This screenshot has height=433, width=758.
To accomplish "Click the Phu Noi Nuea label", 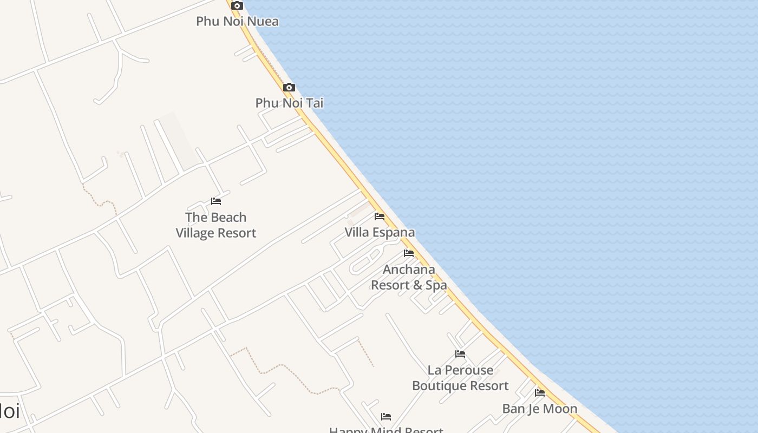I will tap(237, 22).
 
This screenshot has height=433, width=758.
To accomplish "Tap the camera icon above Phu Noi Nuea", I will tap(237, 6).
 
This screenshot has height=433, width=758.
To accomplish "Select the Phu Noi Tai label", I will tap(289, 103).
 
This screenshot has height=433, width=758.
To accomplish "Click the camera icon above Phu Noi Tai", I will tap(289, 88).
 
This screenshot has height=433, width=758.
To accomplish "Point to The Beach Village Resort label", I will tap(215, 225).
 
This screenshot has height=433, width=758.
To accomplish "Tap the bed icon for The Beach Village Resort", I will tap(216, 201).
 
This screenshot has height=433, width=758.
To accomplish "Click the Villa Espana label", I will tap(380, 233).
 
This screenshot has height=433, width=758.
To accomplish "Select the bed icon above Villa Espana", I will tap(380, 216).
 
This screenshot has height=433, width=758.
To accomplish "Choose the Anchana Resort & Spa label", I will tap(409, 277).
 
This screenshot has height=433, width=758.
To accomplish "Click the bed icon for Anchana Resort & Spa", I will tap(409, 253).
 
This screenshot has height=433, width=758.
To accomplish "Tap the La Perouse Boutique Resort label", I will tap(460, 378).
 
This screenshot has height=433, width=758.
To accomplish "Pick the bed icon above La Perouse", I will tap(460, 354).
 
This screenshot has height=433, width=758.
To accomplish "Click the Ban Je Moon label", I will tap(540, 409).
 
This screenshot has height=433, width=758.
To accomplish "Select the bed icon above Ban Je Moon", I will tap(540, 393).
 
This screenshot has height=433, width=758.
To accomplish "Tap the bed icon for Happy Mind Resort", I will tap(386, 417).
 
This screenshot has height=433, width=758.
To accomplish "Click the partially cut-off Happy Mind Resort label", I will tap(386, 430).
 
